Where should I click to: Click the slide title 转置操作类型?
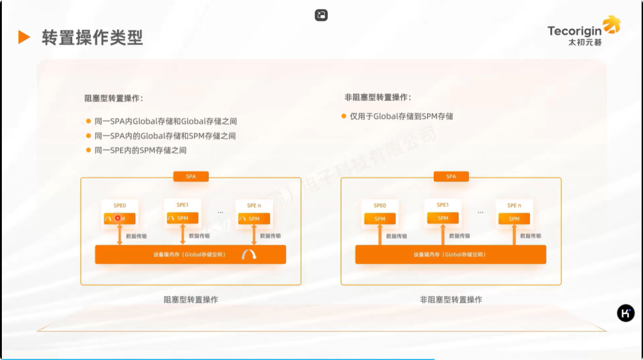point(92,38)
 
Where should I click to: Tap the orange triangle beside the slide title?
point(24,37)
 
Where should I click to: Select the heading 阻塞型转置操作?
point(114,98)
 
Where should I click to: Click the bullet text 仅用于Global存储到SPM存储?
point(401,116)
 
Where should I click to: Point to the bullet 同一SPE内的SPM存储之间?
point(140,150)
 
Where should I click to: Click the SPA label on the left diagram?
point(191,177)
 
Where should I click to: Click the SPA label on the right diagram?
point(451,177)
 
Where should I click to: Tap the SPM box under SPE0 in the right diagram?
point(380,219)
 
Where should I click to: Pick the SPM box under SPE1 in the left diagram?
point(183,218)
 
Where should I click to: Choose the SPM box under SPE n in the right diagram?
point(514,219)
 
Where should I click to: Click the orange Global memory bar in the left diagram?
point(190,254)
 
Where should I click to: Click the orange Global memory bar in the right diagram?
point(450,254)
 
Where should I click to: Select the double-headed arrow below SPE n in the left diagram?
point(254,236)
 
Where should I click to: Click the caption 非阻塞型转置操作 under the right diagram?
point(451,300)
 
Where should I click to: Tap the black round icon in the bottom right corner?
point(625,313)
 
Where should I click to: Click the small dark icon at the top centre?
point(321,15)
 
